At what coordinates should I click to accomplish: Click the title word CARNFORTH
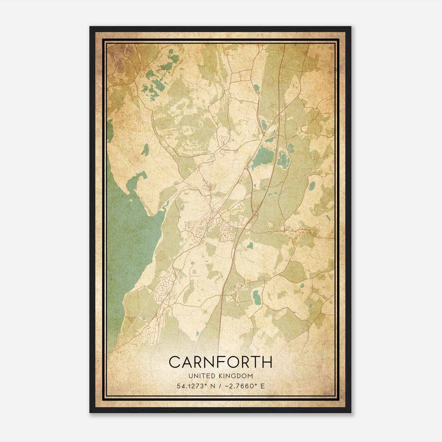tap(220, 362)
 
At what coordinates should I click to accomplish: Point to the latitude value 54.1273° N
tap(194, 386)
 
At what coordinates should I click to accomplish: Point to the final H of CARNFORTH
tap(267, 362)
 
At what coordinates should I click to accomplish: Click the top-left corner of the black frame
tap(90, 27)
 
